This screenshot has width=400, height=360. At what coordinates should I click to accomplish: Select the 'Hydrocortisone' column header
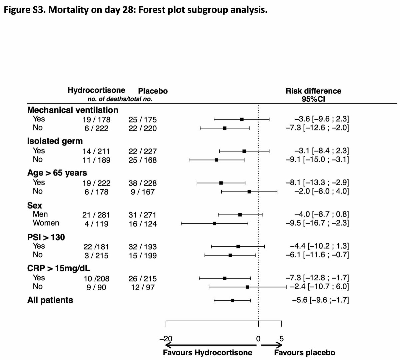click(96, 90)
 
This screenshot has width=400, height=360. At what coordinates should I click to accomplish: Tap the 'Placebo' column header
click(153, 91)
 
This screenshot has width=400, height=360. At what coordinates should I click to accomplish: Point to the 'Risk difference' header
click(313, 91)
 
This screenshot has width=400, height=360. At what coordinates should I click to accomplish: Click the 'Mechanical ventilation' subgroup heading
click(73, 110)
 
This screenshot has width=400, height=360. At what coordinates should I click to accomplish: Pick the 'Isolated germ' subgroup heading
click(55, 141)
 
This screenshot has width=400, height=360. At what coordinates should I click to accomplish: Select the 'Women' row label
click(46, 223)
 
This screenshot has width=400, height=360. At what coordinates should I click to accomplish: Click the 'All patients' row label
click(50, 300)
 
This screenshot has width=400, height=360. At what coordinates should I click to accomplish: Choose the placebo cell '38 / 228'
click(142, 183)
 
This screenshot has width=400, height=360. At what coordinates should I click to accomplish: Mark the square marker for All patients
click(232, 301)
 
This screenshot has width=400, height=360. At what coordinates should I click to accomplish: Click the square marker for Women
click(214, 224)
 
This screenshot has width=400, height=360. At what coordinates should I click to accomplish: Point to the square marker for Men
click(240, 215)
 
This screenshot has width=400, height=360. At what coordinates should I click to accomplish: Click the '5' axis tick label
click(281, 339)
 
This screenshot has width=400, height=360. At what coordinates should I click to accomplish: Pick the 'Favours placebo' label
click(304, 353)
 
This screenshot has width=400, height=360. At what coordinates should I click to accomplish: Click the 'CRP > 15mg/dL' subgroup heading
click(59, 268)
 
